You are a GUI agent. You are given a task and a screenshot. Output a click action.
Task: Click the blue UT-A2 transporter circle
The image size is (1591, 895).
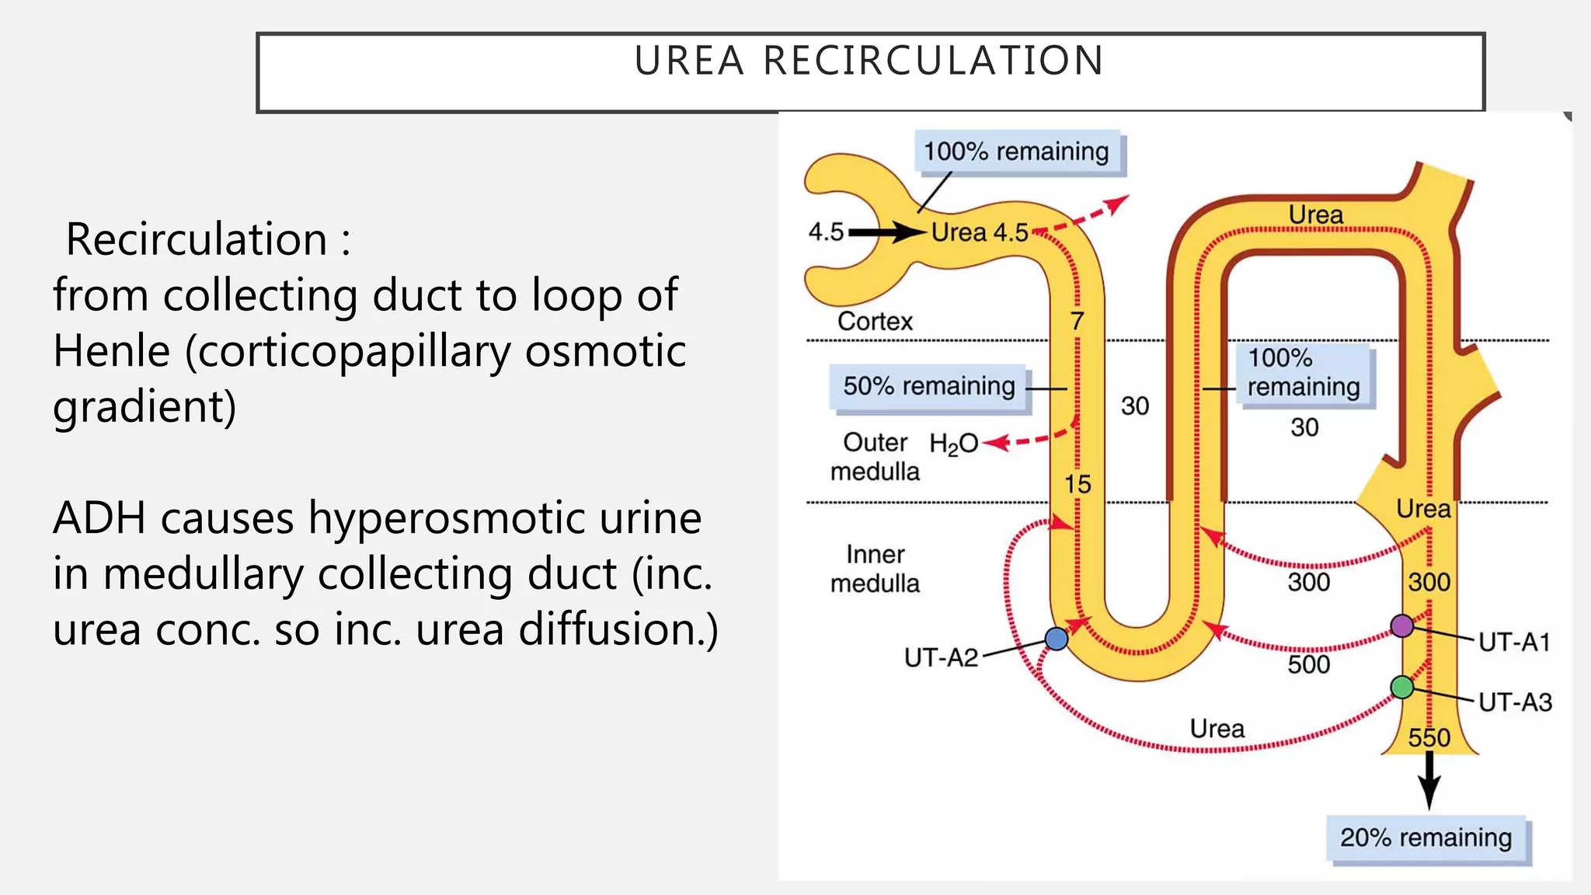[x=1057, y=639]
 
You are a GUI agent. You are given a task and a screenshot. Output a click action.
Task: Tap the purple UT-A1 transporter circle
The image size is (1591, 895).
[x=1401, y=625]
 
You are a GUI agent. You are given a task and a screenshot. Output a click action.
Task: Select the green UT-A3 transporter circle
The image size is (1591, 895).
[x=1401, y=687]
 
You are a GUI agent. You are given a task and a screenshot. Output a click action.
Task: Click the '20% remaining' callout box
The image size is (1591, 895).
[x=1426, y=838]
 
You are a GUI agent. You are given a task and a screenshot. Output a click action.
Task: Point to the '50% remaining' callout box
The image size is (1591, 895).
[x=929, y=386]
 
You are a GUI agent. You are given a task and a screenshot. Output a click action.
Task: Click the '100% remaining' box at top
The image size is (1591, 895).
[x=1016, y=151]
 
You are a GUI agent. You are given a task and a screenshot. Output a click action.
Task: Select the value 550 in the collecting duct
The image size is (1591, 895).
[x=1429, y=737]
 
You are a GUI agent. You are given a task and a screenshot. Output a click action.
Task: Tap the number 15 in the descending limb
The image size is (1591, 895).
[x=1077, y=484]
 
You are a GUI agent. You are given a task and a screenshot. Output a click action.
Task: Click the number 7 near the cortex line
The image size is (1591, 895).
[x=1077, y=321]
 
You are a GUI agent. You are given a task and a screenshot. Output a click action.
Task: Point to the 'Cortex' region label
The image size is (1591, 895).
[x=875, y=321]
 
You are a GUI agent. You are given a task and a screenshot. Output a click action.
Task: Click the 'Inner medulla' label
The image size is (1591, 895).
[x=875, y=569]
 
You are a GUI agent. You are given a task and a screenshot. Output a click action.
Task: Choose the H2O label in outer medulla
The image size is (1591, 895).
[x=953, y=444]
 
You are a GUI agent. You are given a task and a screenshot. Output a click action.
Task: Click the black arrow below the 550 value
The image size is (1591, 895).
[x=1429, y=781]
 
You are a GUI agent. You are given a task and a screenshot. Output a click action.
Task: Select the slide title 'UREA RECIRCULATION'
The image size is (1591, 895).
[x=869, y=61]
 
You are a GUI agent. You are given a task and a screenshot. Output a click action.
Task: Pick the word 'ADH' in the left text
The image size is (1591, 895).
[x=99, y=518]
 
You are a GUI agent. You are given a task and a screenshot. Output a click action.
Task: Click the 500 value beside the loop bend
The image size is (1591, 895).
[x=1308, y=664]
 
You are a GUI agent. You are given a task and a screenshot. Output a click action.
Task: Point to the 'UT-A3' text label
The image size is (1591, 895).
[x=1514, y=702]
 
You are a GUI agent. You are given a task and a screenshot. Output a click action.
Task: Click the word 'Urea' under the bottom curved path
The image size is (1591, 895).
[x=1217, y=729]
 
